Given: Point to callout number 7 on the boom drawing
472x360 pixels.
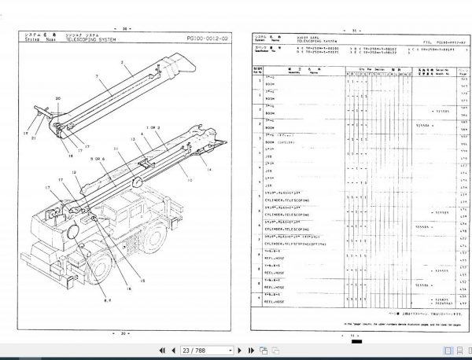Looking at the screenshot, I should click(95, 78).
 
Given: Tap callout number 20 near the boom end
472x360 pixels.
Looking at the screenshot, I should click(57, 99).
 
